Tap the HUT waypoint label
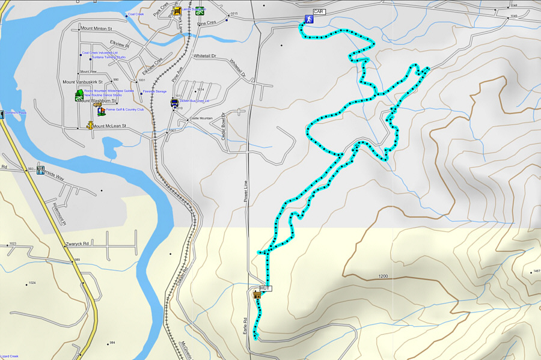tap(266, 288)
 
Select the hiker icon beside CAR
tap(308, 20)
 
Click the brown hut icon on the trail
tap(257, 294)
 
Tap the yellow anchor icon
tap(90, 125)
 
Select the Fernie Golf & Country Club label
tap(124, 110)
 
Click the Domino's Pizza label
tap(17, 113)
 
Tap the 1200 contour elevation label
tap(384, 276)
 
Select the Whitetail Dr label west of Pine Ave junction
tap(204, 56)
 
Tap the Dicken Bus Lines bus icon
tap(174, 102)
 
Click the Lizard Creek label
tap(10, 356)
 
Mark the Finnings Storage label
tap(154, 92)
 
